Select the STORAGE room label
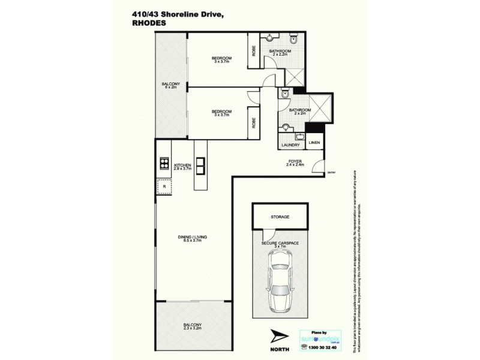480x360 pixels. [280, 216]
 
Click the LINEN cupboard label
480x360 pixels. [314, 143]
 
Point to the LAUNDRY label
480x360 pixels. [289, 144]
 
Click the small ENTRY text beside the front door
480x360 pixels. [331, 173]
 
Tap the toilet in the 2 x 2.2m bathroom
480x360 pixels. [292, 40]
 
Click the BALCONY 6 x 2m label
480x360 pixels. [171, 86]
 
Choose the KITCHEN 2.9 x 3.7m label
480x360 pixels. [182, 167]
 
